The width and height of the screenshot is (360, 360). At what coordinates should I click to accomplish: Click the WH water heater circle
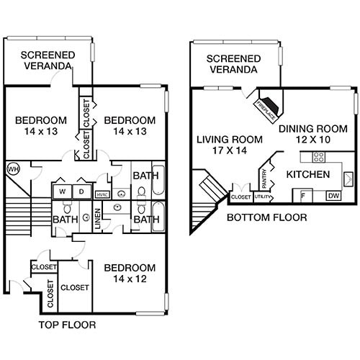pyautogui.click(x=12, y=168)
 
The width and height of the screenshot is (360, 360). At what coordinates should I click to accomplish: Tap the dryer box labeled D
pyautogui.click(x=81, y=192)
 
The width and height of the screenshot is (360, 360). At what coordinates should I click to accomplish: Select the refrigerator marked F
pyautogui.click(x=303, y=195)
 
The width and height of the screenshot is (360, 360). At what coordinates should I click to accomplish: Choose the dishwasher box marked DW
pyautogui.click(x=333, y=195)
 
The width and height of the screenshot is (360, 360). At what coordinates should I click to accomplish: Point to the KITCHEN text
pyautogui.click(x=308, y=175)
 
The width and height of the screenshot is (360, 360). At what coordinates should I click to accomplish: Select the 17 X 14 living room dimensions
pyautogui.click(x=220, y=152)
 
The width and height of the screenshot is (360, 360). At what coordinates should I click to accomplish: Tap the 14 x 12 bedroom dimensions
pyautogui.click(x=130, y=279)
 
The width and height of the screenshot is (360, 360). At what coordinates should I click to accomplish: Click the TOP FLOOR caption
pyautogui.click(x=66, y=325)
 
